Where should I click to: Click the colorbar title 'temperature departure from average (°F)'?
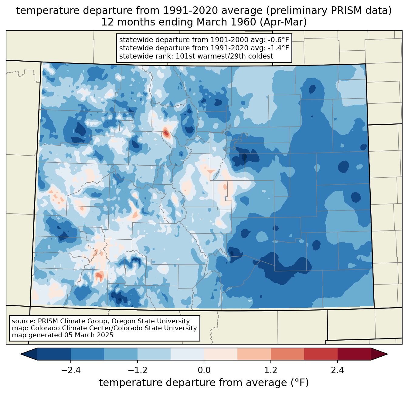204,383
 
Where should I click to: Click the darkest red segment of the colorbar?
354,354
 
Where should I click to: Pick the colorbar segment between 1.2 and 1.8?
287,354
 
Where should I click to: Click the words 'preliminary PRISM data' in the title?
332,11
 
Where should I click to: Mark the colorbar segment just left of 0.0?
187,354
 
